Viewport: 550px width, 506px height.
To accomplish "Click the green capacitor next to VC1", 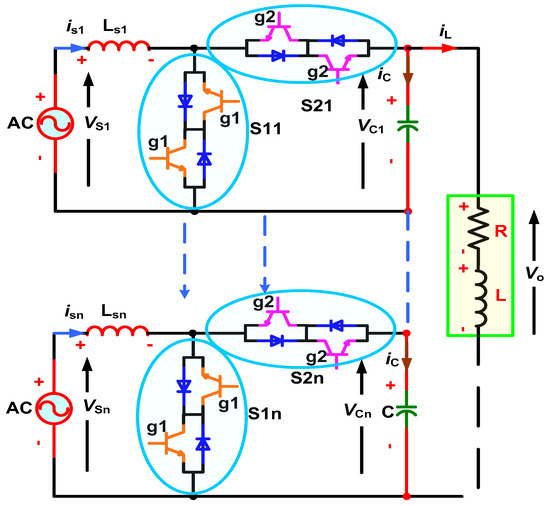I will point(407,128).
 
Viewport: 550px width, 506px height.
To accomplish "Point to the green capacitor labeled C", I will point(407,410).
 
